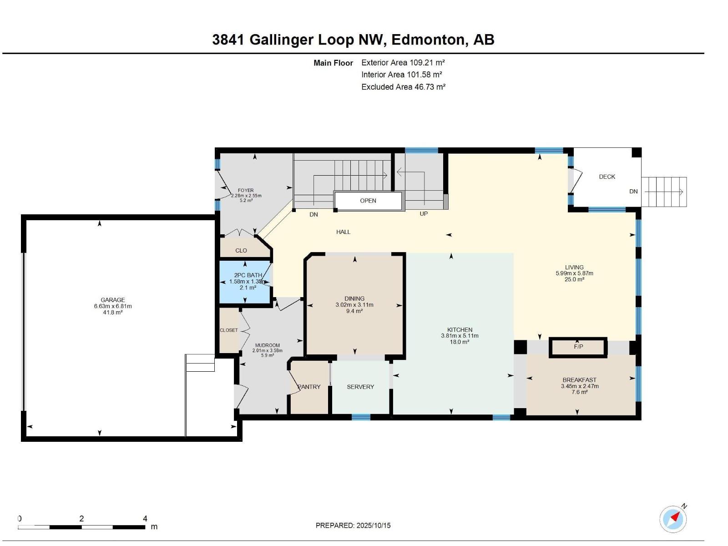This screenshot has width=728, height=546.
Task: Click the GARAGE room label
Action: (112, 300)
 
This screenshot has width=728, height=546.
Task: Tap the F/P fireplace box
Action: (578, 347)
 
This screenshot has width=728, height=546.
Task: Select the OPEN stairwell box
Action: (368, 201)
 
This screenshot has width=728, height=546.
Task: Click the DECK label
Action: (607, 177)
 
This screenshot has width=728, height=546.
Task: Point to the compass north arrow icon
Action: (673, 519)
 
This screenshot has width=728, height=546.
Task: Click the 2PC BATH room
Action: (245, 282)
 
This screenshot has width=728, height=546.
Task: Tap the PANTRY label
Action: (309, 387)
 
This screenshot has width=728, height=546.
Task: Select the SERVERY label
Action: (360, 387)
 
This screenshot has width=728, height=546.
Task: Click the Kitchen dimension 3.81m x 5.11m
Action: (460, 336)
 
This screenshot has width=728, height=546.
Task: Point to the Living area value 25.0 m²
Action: (574, 279)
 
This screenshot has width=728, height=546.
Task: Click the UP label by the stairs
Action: (424, 214)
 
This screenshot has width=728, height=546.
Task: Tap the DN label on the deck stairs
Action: (633, 192)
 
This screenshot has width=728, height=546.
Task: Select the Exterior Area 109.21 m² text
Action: (403, 63)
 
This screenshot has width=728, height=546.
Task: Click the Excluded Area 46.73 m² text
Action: (403, 87)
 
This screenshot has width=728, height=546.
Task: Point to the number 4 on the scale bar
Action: (145, 519)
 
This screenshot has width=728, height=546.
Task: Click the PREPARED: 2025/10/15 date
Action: (353, 526)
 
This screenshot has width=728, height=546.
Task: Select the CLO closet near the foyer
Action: (241, 251)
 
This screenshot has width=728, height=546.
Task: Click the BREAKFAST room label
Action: (579, 380)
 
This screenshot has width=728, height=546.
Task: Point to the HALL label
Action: (343, 232)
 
